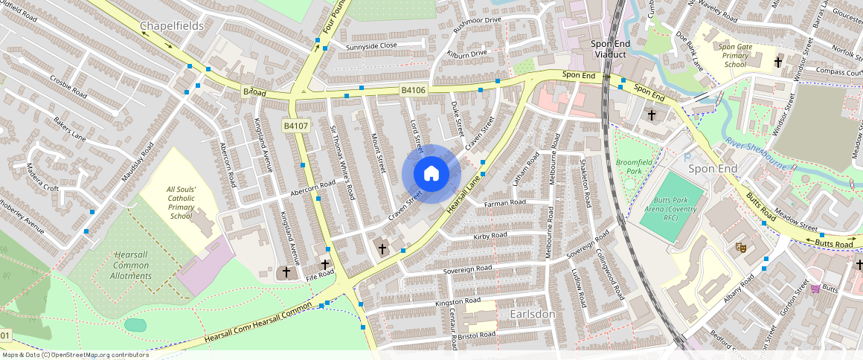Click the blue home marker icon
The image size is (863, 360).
point(431,174)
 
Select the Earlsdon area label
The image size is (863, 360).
point(533,315)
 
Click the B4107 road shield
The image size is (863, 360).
point(295,126)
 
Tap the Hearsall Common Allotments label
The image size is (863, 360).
point(132,265)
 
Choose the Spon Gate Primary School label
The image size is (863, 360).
point(734,56)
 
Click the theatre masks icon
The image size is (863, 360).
point(740,246)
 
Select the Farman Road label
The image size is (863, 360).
point(505,202)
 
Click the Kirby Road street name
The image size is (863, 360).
point(490,236)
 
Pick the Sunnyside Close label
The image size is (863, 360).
point(371,46)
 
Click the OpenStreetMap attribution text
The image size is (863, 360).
point(75,355)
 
